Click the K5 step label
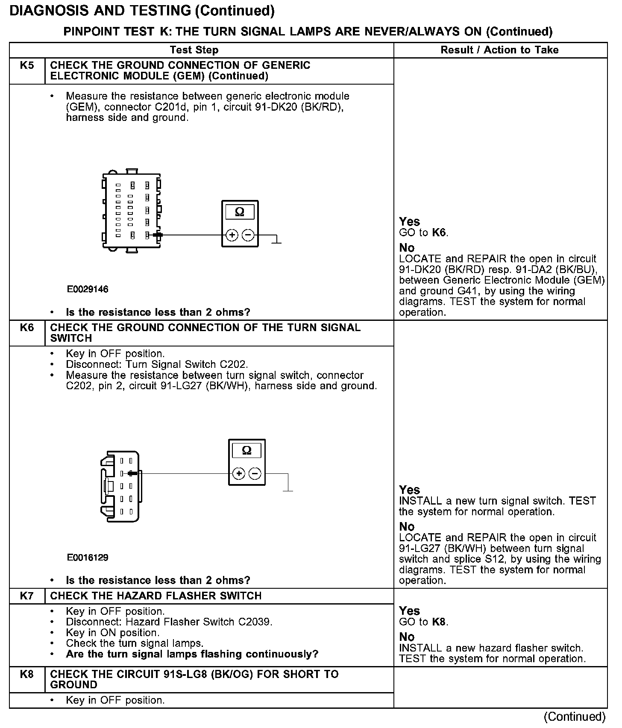click(26, 65)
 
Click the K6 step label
click(26, 328)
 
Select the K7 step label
click(26, 596)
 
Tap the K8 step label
click(26, 674)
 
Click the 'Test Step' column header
click(194, 50)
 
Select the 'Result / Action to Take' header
click(499, 50)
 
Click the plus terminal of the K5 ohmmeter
click(232, 235)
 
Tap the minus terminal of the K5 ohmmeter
click(248, 235)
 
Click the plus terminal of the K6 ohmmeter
click(239, 473)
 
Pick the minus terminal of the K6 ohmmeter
click(255, 473)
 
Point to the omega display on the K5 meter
click(240, 212)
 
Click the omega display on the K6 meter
click(246, 450)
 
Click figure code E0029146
click(88, 289)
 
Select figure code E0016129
click(88, 558)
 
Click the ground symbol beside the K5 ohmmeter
click(277, 241)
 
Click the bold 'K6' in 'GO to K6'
click(439, 233)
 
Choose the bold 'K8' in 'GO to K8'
click(439, 622)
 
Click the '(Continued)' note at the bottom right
click(575, 716)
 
